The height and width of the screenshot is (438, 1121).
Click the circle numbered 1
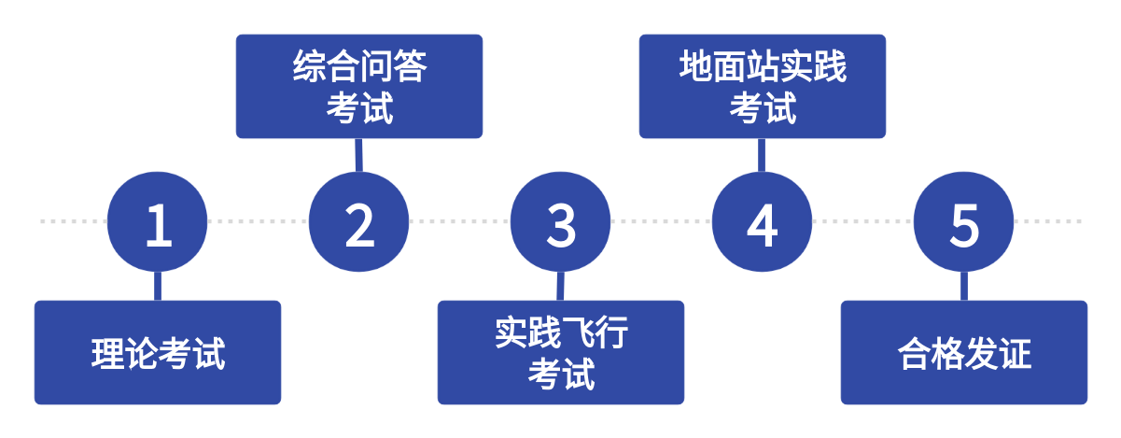tap(157, 222)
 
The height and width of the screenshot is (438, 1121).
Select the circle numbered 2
tap(358, 222)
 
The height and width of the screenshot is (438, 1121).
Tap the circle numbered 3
tap(560, 222)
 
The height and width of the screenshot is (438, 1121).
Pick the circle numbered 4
tap(762, 222)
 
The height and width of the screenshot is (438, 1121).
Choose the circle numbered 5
tap(963, 222)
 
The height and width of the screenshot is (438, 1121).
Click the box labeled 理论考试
tap(157, 352)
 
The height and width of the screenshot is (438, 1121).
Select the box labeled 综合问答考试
tap(358, 87)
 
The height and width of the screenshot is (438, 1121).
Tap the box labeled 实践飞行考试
tap(560, 352)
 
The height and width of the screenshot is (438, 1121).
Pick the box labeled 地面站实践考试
tap(762, 87)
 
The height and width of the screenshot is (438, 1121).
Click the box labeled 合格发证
tap(963, 352)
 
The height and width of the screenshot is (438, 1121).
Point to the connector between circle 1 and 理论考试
tap(157, 286)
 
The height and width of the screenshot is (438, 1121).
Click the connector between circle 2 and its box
tap(358, 155)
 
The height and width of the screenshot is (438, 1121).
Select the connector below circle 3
tap(560, 286)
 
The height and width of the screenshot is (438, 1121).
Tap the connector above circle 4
tap(762, 155)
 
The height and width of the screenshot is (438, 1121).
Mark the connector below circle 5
tap(963, 286)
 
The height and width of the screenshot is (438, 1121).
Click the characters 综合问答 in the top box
tap(359, 67)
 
